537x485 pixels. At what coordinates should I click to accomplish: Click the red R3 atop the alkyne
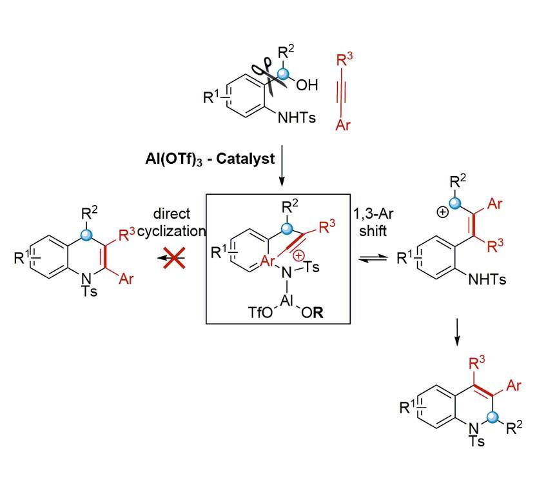(x=346, y=62)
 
